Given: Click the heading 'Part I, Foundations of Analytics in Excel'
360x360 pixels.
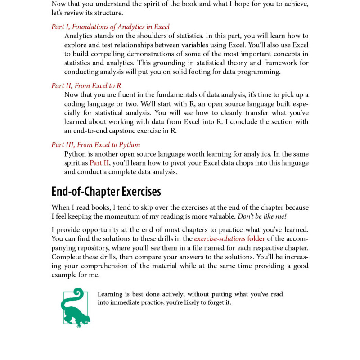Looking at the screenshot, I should [110, 27].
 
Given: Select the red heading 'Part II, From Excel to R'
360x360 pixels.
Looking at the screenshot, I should [86, 85].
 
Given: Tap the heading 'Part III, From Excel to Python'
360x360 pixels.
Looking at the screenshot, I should [95, 144].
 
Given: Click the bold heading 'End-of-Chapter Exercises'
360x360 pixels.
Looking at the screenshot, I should [106, 192].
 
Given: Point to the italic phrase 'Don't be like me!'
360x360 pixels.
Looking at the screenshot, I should [261, 216].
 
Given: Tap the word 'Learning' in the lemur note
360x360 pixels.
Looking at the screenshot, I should [110, 294].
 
